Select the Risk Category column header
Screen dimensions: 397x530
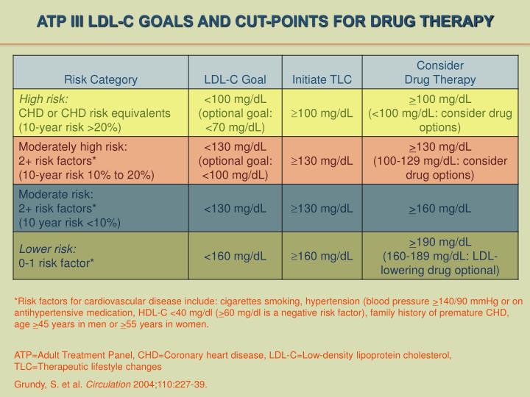coord(101,79)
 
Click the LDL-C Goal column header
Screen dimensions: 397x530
coord(235,79)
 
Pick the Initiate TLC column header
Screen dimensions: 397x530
coord(322,79)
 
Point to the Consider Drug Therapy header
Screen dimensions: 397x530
coord(441,73)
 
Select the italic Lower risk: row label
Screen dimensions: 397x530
coord(47,249)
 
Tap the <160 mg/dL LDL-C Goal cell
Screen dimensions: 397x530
coord(235,256)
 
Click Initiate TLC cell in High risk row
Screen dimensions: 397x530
coord(322,112)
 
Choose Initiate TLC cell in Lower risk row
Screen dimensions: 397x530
coord(322,256)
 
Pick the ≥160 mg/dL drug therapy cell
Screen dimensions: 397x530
coord(441,208)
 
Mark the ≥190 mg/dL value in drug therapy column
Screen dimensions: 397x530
coord(441,242)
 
